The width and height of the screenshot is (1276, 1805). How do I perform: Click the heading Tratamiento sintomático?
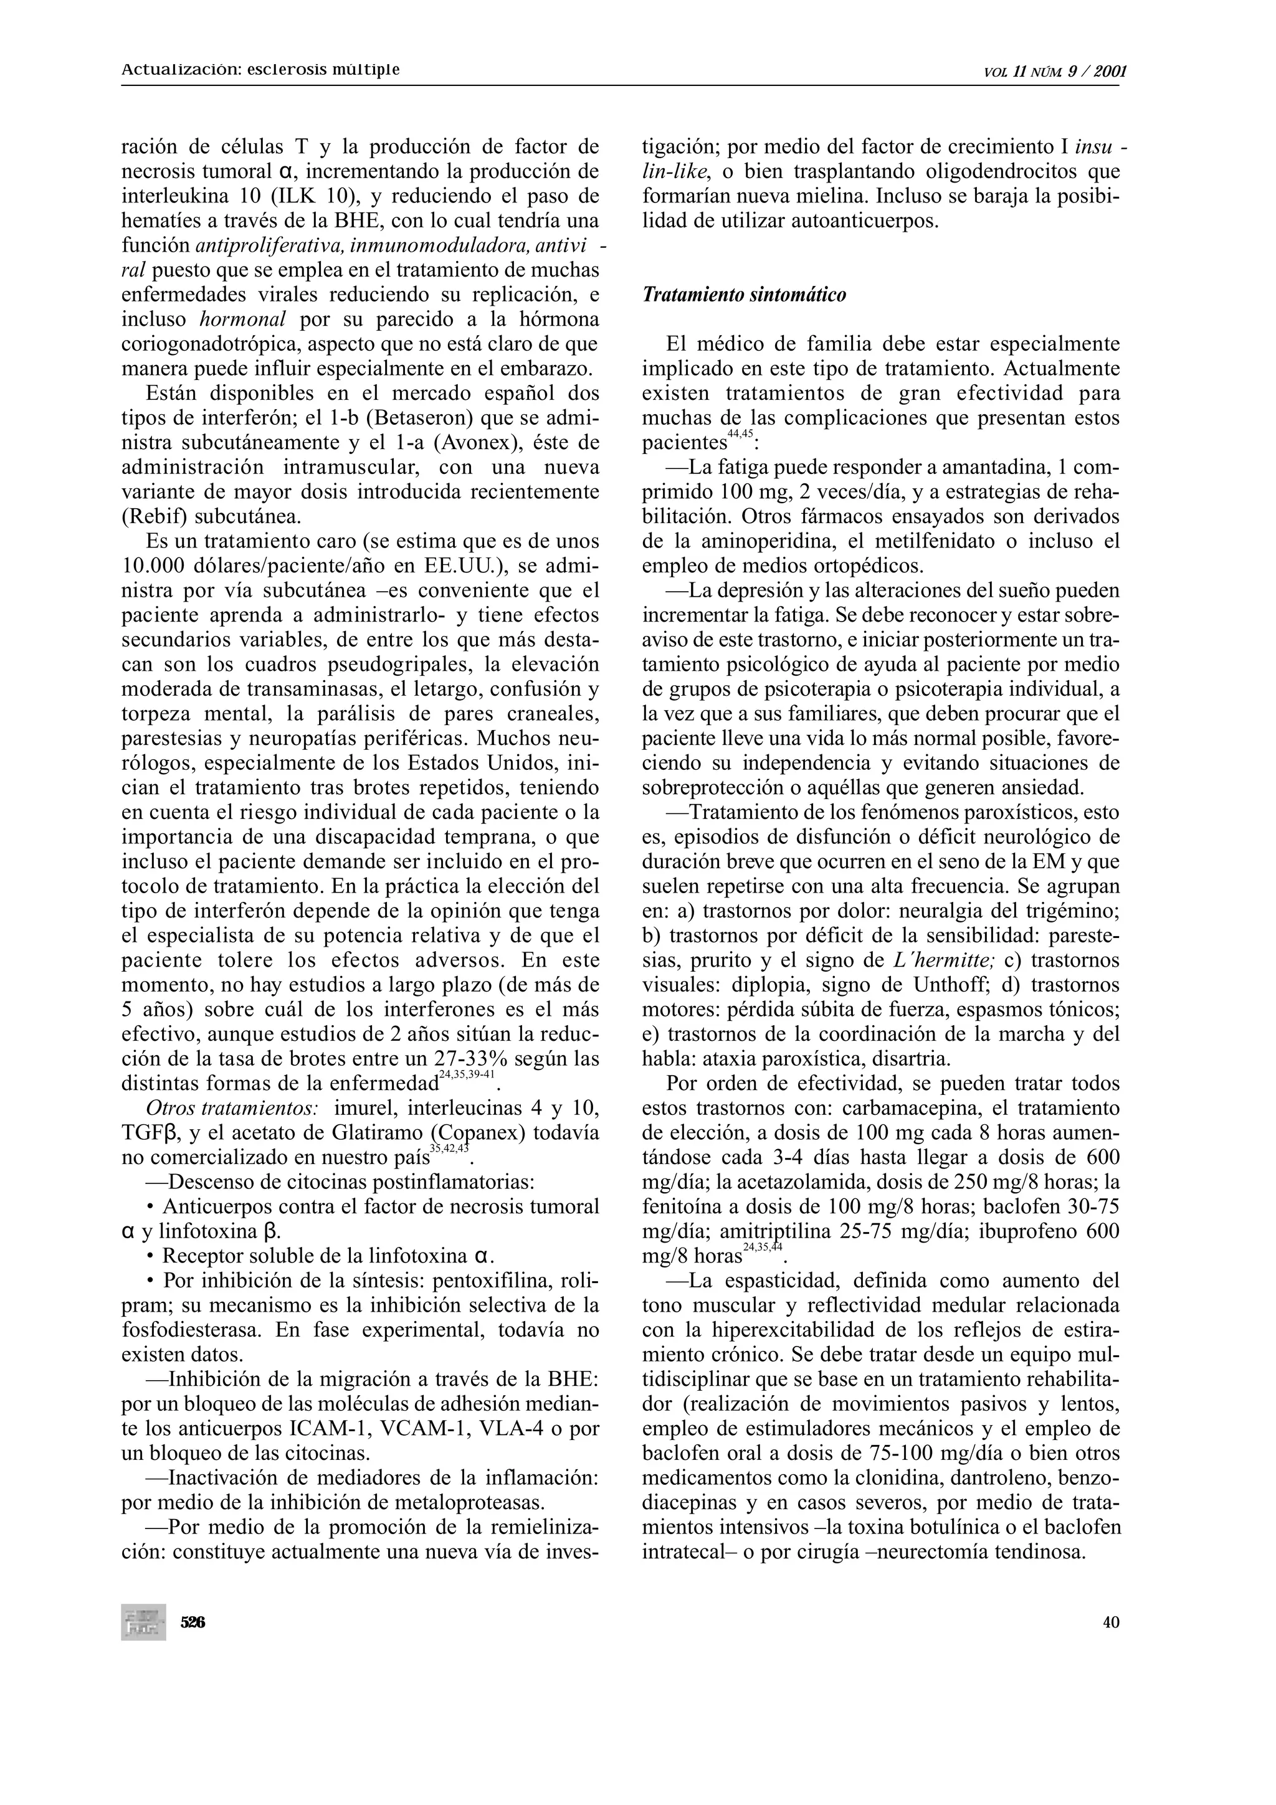point(744,296)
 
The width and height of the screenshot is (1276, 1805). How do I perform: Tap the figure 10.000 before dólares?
point(158,566)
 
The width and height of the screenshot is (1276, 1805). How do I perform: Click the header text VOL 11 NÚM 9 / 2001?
point(1055,72)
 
